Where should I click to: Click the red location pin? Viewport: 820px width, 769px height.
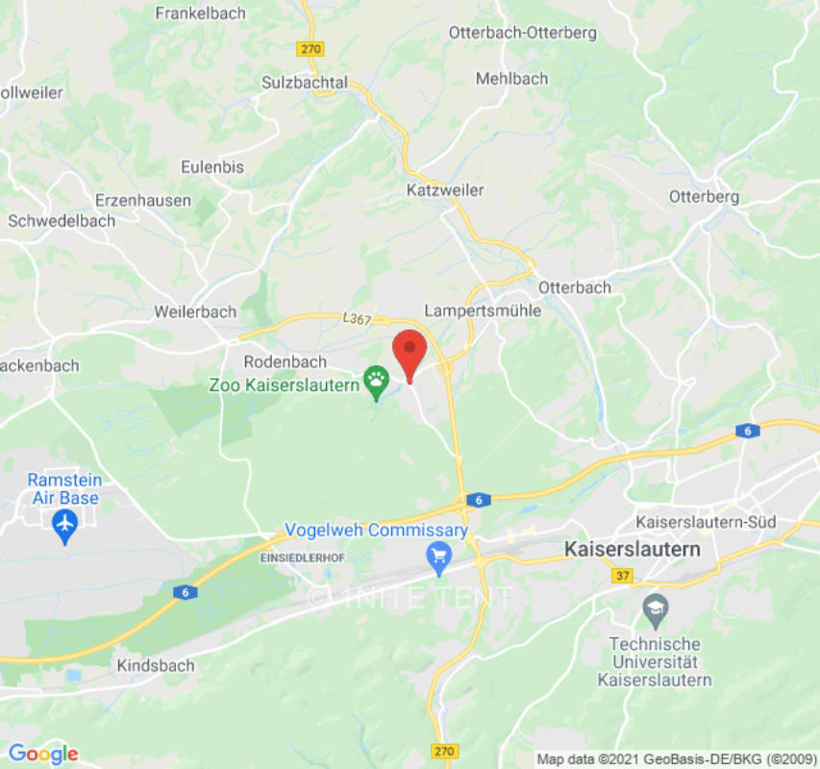click(x=411, y=353)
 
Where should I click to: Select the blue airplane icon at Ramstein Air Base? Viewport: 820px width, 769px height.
click(x=64, y=525)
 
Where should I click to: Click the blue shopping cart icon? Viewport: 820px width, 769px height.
click(x=439, y=557)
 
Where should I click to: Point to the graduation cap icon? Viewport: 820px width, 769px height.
click(x=655, y=608)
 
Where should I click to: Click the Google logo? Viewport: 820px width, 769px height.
click(x=42, y=754)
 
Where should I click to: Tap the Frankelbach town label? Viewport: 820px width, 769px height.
click(x=200, y=13)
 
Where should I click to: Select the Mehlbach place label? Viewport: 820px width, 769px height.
click(x=511, y=79)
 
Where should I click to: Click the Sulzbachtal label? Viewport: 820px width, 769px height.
click(x=305, y=83)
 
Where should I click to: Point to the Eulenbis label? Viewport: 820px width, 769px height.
click(x=212, y=166)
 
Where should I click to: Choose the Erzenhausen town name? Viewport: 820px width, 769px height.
click(x=143, y=201)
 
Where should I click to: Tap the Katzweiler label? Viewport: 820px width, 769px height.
click(x=445, y=190)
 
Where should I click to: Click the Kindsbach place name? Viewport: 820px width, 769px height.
click(x=155, y=665)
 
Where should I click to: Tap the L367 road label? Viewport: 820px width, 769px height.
click(x=356, y=318)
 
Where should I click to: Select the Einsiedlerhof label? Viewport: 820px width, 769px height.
click(x=302, y=558)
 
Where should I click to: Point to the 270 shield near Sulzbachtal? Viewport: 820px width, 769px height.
click(x=311, y=49)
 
